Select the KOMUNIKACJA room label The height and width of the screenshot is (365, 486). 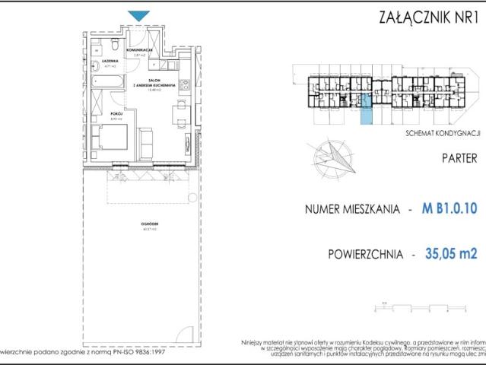[141, 50]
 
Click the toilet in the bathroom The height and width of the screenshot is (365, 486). [97, 51]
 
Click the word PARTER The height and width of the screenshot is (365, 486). [459, 159]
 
